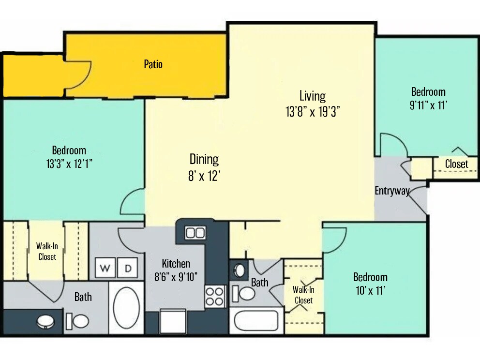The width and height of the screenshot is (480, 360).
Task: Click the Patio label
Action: click(153, 64)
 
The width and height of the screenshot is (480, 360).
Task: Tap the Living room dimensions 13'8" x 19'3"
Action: click(312, 112)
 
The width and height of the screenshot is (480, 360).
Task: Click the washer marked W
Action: click(105, 268)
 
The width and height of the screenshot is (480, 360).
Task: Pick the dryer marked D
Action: click(128, 268)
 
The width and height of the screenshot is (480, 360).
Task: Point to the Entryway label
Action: click(391, 190)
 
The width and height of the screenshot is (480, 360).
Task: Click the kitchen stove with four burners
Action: click(215, 297)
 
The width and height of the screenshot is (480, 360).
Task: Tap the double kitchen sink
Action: click(195, 233)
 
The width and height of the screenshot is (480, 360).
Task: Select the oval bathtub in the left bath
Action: click(126, 307)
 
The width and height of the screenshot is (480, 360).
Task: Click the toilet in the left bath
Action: click(77, 320)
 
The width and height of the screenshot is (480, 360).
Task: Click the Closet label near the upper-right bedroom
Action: click(456, 164)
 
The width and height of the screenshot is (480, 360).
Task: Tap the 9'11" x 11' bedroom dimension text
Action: click(428, 104)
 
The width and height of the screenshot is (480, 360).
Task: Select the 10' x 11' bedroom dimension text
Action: click(370, 290)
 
